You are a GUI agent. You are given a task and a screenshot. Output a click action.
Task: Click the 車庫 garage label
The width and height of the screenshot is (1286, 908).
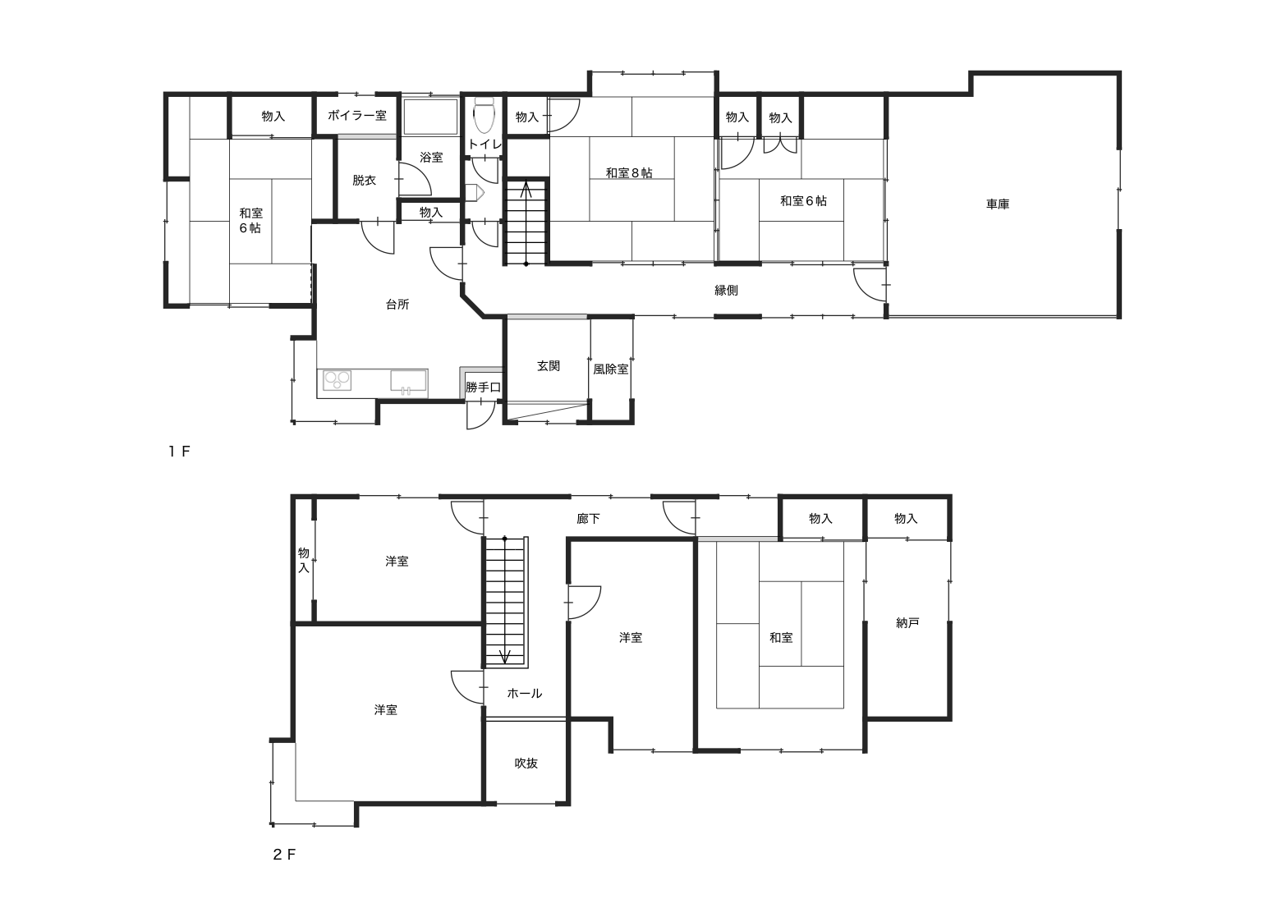997,204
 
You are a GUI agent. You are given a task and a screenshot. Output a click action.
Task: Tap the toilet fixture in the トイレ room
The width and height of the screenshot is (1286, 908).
484,115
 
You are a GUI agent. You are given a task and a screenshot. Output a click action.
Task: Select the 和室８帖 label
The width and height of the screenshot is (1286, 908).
629,172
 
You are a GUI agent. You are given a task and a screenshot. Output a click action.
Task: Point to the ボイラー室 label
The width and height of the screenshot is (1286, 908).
356,116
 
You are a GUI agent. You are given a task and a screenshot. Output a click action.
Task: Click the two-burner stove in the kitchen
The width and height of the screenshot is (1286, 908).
337,380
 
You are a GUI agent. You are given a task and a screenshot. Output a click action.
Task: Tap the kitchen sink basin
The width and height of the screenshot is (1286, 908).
408,382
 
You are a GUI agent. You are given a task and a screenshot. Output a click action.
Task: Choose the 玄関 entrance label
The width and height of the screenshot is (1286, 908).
549,365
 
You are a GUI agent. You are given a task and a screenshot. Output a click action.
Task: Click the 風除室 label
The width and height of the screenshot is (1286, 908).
611,369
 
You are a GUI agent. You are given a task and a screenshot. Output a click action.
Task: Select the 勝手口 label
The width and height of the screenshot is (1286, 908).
483,388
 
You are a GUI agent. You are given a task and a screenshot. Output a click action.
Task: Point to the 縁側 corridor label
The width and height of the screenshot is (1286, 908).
726,290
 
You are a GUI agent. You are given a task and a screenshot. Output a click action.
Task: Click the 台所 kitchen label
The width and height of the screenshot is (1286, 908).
397,305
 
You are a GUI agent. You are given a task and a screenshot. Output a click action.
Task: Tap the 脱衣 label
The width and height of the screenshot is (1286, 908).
364,181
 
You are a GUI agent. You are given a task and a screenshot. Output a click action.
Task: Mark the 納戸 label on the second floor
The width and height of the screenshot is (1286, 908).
907,623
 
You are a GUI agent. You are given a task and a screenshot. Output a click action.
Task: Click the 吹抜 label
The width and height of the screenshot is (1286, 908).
526,763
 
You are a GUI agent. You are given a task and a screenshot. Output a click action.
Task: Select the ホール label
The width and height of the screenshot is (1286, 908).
524,694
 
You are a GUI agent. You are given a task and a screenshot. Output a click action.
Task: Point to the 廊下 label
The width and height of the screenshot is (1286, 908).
588,519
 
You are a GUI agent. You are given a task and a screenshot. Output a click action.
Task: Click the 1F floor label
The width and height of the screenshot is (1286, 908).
178,452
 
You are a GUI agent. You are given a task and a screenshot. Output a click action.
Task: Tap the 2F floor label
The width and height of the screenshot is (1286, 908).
284,855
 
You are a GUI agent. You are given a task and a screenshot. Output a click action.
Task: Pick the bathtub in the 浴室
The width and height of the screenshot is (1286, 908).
430,117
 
